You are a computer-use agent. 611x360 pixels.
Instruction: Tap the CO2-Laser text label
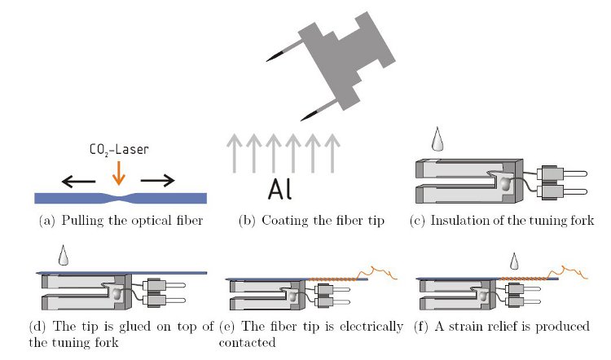[119, 150]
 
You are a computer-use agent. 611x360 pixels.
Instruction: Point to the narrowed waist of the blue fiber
[120, 197]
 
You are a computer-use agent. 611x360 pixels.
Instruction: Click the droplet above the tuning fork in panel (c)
[437, 141]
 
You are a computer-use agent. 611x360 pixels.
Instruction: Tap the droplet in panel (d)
[63, 255]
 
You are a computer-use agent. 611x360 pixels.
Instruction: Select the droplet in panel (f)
[514, 262]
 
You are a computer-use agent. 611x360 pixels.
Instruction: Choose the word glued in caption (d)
[120, 327]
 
